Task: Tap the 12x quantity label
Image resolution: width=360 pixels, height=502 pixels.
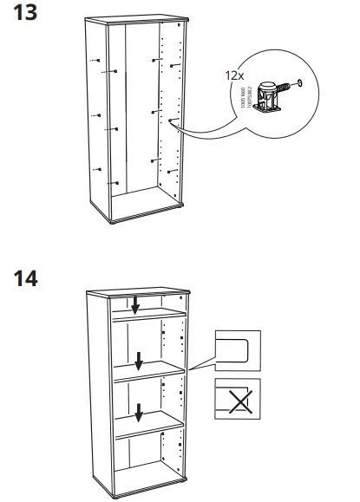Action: [232, 76]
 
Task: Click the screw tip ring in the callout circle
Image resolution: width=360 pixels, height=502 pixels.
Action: [300, 84]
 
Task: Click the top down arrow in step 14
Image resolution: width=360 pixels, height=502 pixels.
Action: [135, 305]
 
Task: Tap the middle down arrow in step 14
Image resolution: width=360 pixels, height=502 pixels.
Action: [138, 360]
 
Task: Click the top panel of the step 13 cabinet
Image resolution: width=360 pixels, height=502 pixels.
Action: [139, 22]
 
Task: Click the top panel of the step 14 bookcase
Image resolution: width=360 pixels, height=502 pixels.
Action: [139, 290]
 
